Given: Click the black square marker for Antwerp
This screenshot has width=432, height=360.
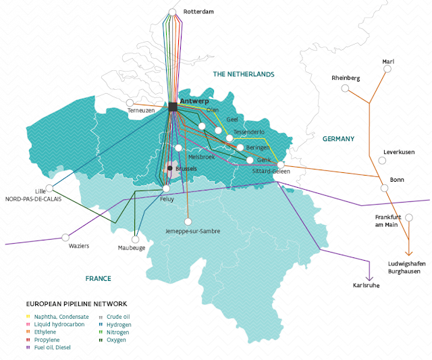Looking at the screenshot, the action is point(173,107).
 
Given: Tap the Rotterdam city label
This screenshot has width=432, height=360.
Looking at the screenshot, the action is point(198,11).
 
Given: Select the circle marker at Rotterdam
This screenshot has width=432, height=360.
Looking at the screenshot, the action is point(173,12).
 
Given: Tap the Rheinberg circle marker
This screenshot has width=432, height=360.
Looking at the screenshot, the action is point(345,88).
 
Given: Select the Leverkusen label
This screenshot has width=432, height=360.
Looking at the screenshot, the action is point(398,152).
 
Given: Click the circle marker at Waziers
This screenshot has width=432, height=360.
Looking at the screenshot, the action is point(65,237).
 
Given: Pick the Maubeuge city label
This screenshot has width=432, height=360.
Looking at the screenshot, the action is point(132,248).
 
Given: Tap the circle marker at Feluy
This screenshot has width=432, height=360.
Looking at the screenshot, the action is point(166,188).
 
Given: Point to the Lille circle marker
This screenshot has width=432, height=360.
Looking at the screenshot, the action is point(49,188).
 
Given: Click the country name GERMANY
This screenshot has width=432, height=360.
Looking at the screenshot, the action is point(338,138).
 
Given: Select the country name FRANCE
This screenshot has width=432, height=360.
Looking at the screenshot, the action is point(98,278).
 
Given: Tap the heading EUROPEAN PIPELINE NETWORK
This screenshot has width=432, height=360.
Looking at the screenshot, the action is point(76,305).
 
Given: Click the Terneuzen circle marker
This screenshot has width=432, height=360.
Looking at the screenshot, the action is point(140,101).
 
